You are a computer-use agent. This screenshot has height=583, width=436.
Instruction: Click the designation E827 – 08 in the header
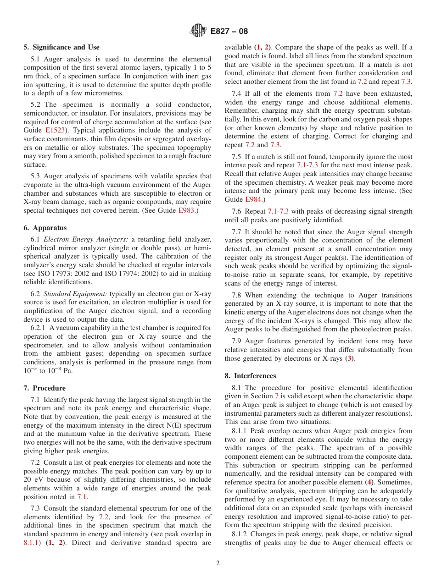pyautogui.click(x=229, y=31)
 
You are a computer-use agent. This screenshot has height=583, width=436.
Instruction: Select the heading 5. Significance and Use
pyautogui.click(x=61, y=47)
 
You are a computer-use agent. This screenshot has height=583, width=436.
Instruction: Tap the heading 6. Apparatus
pyautogui.click(x=45, y=228)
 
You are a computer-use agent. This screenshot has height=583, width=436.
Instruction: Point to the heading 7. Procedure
pyautogui.click(x=45, y=388)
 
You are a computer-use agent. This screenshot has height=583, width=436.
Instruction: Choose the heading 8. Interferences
pyautogui.click(x=250, y=376)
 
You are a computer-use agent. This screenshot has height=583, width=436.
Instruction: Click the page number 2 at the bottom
pyautogui.click(x=218, y=563)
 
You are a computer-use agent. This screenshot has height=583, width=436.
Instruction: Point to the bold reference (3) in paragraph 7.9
pyautogui.click(x=350, y=358)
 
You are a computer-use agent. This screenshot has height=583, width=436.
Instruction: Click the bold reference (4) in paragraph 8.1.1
pyautogui.click(x=369, y=482)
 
